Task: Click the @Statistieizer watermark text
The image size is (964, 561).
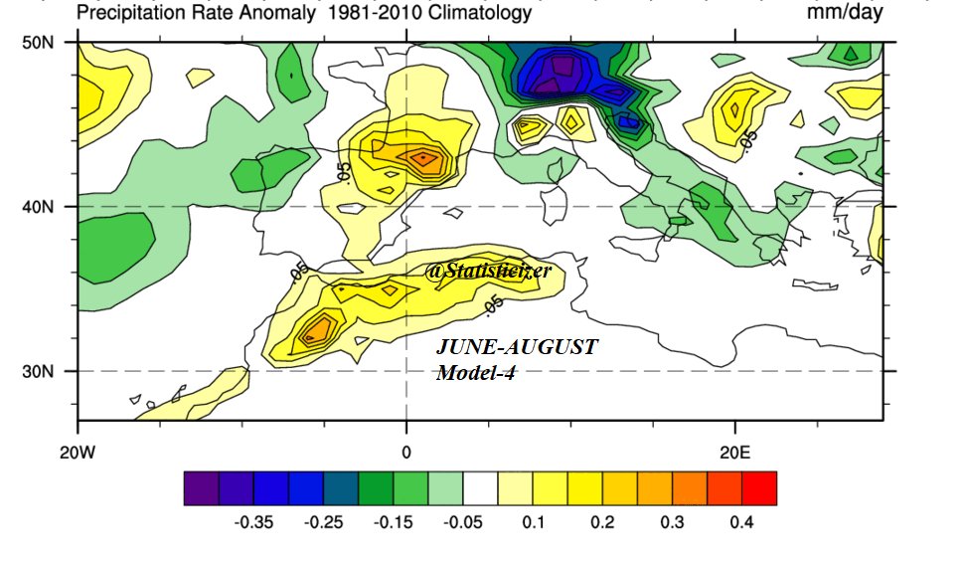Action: click(487, 271)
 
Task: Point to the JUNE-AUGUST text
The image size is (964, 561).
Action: click(517, 348)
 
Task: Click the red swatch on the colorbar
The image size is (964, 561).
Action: click(758, 487)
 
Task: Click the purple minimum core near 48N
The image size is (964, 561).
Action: click(563, 68)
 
